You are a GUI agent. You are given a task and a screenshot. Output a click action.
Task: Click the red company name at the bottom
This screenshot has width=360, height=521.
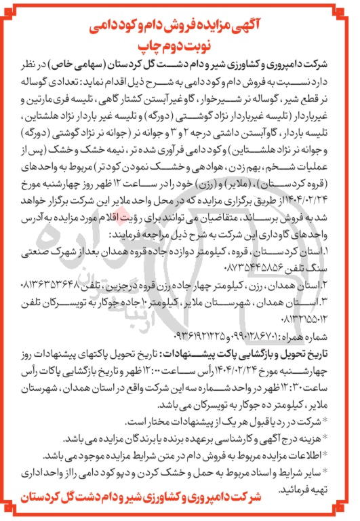pos(180,499)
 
